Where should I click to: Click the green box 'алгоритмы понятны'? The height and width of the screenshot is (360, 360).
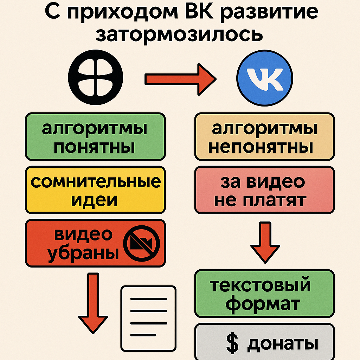(x=95, y=137)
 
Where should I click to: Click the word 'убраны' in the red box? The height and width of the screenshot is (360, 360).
(x=83, y=254)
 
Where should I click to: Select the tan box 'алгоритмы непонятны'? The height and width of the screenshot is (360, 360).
(x=264, y=137)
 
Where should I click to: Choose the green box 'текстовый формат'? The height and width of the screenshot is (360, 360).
(x=264, y=293)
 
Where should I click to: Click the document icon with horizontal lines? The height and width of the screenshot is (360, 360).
(x=148, y=319)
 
